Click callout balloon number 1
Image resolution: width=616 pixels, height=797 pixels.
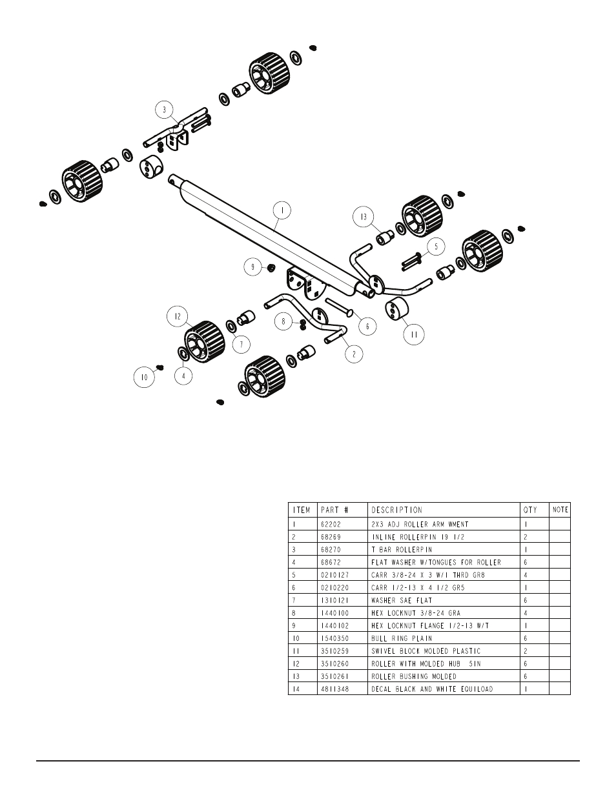(282, 210)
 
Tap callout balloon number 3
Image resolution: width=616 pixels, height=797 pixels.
(165, 110)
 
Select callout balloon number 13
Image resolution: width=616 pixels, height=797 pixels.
(364, 217)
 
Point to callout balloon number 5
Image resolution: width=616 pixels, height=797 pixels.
(436, 246)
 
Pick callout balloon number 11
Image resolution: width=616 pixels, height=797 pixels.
(413, 334)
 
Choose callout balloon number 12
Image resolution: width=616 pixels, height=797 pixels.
(177, 316)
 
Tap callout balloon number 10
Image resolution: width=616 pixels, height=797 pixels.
(145, 376)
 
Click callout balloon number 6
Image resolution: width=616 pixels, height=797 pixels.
(367, 327)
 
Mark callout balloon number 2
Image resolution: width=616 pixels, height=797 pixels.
(353, 354)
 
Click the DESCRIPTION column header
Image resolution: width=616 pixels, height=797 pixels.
(396, 510)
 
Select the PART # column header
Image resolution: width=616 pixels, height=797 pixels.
(334, 510)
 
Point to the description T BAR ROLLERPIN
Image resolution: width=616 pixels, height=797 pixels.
(402, 549)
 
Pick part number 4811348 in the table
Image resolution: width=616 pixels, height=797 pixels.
(333, 689)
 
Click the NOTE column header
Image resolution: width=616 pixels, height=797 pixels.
(560, 510)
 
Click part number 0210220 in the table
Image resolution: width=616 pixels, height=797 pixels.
(333, 588)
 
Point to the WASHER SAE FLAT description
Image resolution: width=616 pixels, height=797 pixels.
(402, 600)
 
